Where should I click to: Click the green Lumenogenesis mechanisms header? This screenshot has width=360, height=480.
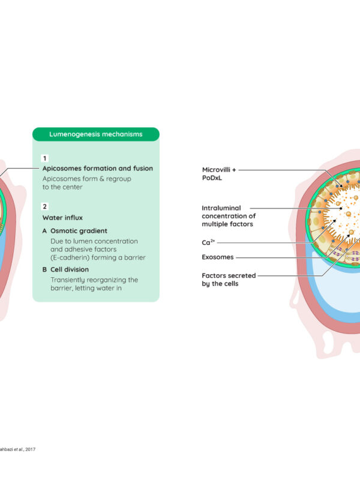[x=96, y=134]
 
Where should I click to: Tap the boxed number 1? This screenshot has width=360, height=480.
[x=44, y=158]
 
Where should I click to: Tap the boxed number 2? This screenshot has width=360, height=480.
[x=44, y=206]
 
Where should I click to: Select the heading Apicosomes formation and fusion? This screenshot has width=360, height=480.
[x=98, y=169]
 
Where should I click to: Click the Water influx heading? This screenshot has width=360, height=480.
[x=62, y=218]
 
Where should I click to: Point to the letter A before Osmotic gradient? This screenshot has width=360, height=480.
[x=44, y=231]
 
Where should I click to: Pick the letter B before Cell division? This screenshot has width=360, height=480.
[x=44, y=269]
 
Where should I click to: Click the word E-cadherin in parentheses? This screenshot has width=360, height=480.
[x=71, y=257]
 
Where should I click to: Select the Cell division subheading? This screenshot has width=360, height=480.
[x=70, y=269]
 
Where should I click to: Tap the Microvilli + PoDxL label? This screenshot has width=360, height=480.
[x=219, y=173]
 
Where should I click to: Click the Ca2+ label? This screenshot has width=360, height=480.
[x=208, y=242]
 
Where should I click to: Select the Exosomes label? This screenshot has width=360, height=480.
[x=218, y=257]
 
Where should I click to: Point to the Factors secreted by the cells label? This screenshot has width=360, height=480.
[x=229, y=280]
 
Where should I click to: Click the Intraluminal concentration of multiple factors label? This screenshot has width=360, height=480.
[x=229, y=216]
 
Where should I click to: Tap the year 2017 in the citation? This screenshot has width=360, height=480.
[x=31, y=449]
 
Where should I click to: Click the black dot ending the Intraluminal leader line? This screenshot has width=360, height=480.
[x=341, y=208]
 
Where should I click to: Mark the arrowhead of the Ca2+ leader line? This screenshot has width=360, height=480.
[x=335, y=220]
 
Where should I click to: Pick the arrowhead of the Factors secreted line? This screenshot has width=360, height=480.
[x=349, y=235]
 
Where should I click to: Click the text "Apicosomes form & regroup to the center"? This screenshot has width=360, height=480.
[x=86, y=183]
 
